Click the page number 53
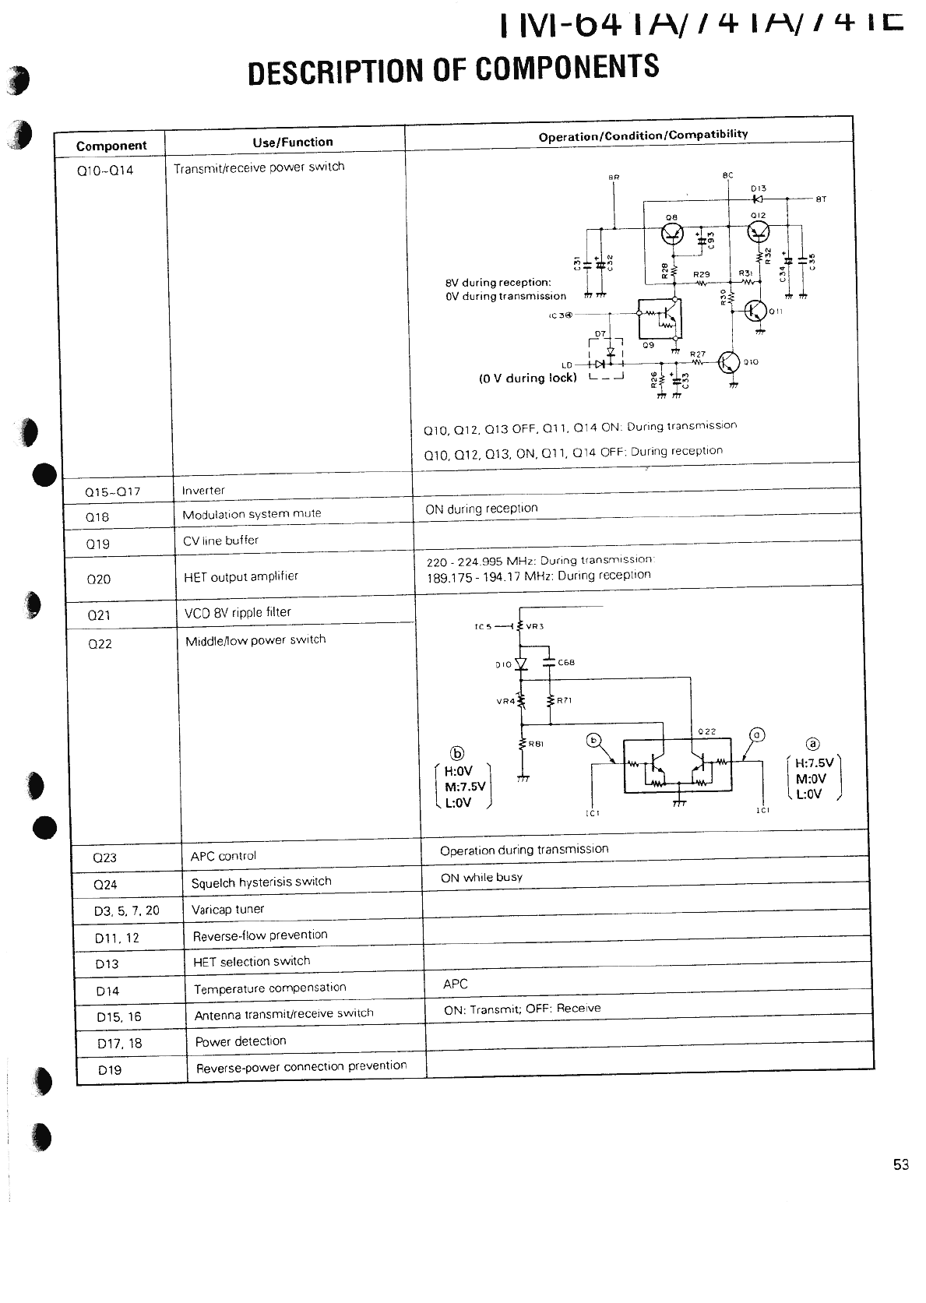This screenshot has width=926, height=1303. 900,1164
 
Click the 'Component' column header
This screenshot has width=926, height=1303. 111,146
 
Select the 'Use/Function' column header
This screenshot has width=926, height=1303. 292,142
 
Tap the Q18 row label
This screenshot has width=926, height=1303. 97,517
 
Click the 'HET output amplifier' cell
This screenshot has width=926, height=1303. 241,576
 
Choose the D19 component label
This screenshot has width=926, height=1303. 110,1069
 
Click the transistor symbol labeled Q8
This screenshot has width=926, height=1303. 671,233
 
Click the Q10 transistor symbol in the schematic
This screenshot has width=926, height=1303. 729,363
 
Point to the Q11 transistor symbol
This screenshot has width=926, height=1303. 756,311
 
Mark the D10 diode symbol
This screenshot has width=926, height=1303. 522,664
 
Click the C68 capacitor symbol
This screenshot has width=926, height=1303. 550,663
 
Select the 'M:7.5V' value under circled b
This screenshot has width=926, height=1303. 465,787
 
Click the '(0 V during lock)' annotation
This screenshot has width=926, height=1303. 527,379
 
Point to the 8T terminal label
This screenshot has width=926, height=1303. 820,199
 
